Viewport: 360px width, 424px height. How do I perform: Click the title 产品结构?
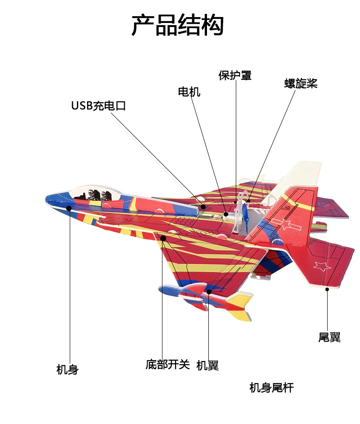tap(177, 25)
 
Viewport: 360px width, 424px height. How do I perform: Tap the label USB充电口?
tap(99, 106)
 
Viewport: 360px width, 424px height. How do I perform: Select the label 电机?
tap(189, 92)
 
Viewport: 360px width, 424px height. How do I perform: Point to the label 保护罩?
tap(235, 75)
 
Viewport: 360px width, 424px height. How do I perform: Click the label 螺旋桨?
tap(301, 83)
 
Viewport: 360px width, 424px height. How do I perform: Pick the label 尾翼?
tap(329, 337)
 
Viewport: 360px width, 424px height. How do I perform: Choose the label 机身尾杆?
tap(271, 388)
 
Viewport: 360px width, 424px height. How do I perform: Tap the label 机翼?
tap(207, 365)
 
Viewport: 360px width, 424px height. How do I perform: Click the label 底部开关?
tap(168, 364)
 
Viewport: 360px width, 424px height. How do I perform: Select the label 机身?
tap(67, 370)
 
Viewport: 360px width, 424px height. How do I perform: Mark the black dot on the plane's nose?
tap(69, 208)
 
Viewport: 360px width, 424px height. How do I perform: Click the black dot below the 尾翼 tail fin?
tap(327, 289)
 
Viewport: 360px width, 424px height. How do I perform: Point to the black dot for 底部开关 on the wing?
tap(163, 238)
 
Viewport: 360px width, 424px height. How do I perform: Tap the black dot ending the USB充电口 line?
tap(203, 207)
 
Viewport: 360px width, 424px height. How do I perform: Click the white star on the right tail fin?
tap(323, 266)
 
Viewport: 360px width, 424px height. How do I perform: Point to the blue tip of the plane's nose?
tap(49, 198)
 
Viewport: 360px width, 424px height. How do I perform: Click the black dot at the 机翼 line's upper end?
tap(209, 292)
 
